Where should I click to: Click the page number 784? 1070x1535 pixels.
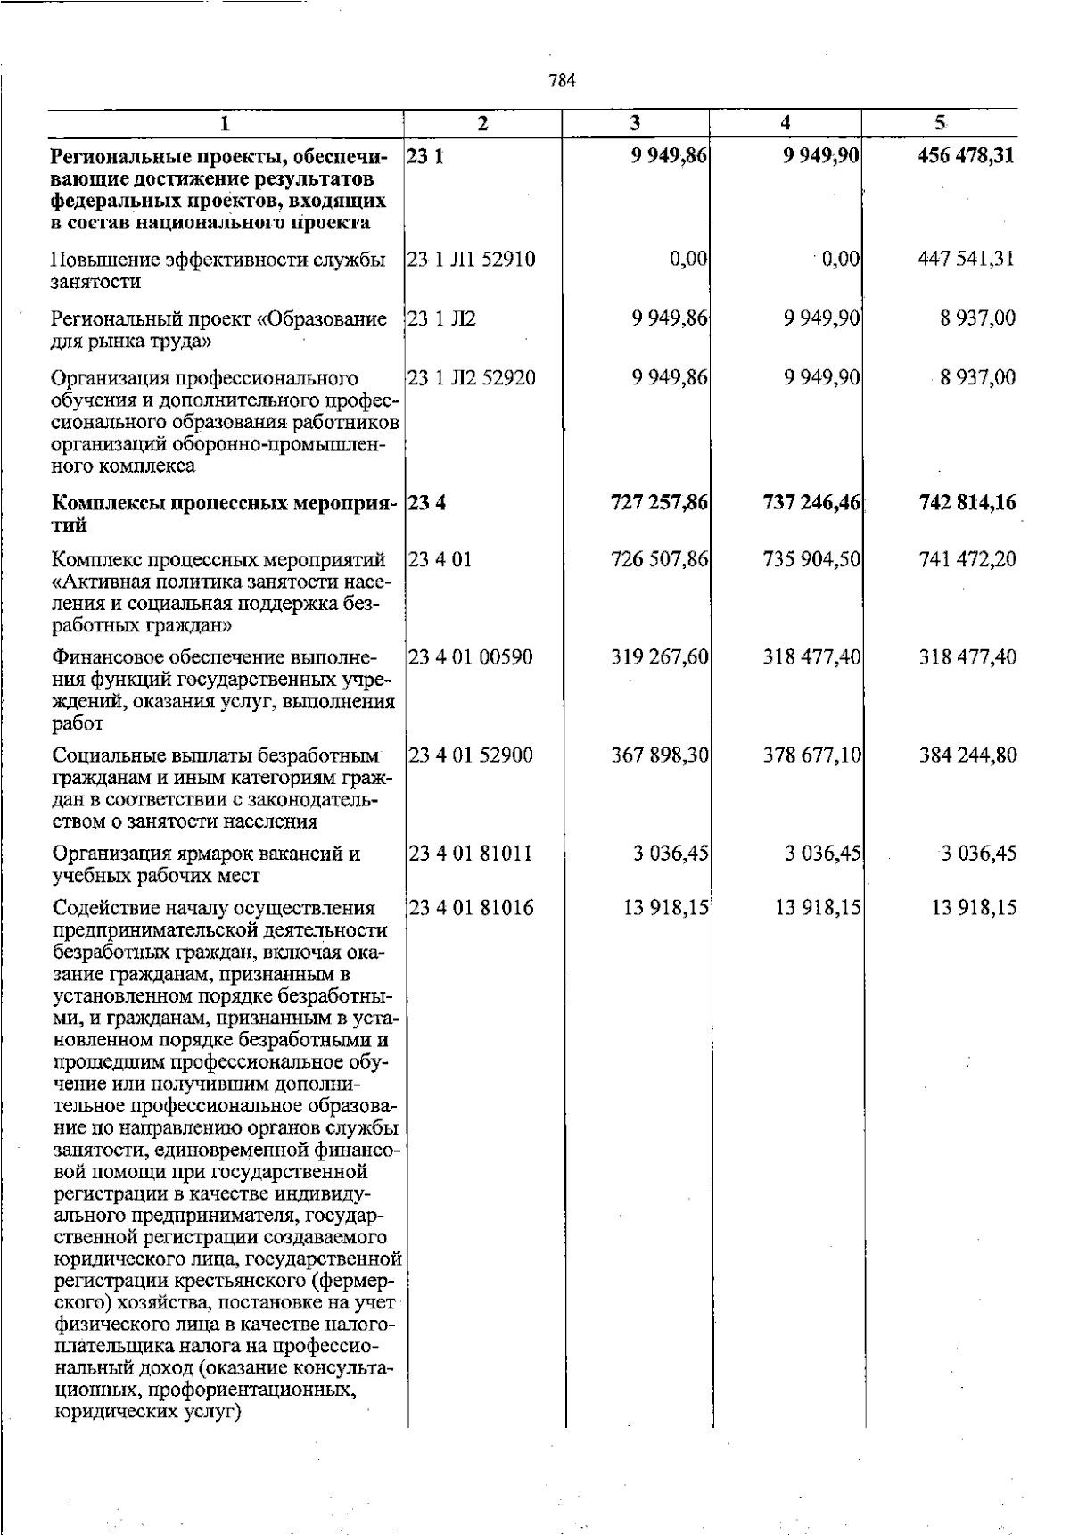pyautogui.click(x=562, y=80)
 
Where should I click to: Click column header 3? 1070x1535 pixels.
pyautogui.click(x=635, y=123)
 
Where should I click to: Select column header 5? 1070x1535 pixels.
pyautogui.click(x=939, y=123)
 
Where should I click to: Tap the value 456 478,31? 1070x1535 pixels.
pyautogui.click(x=967, y=157)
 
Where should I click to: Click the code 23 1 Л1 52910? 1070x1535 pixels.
pyautogui.click(x=471, y=260)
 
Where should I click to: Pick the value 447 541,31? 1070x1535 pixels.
pyautogui.click(x=967, y=260)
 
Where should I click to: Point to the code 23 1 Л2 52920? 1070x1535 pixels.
pyautogui.click(x=471, y=378)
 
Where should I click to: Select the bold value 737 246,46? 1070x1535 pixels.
pyautogui.click(x=811, y=503)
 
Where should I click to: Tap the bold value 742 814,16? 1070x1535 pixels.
pyautogui.click(x=967, y=503)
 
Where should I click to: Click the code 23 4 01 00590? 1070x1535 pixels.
pyautogui.click(x=470, y=658)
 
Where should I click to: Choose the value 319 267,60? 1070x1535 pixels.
pyautogui.click(x=660, y=658)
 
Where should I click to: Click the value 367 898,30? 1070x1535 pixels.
pyautogui.click(x=660, y=755)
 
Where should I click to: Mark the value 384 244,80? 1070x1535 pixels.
pyautogui.click(x=967, y=755)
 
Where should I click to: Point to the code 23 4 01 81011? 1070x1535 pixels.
pyautogui.click(x=470, y=854)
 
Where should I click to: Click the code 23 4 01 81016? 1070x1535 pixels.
pyautogui.click(x=470, y=908)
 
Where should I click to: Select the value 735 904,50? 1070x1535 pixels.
pyautogui.click(x=811, y=560)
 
